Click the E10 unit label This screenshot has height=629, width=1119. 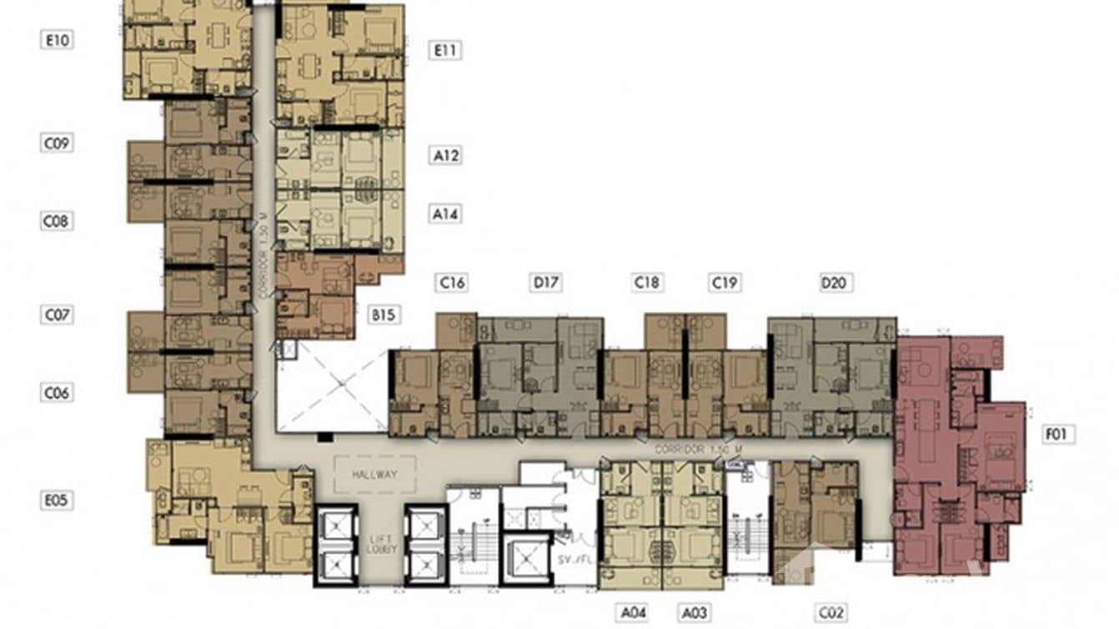point(56,39)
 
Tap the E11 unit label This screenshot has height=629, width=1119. point(445,50)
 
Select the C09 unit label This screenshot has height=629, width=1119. point(56,143)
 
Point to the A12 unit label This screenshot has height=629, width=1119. point(445,155)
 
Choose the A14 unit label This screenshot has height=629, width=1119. point(445,214)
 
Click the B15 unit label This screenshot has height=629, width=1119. point(384,314)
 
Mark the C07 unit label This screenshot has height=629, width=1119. point(56,314)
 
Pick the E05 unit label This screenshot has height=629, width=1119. point(56,501)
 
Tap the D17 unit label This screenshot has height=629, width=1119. point(545,283)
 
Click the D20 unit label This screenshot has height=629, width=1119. point(833,283)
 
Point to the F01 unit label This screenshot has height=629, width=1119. point(1059,434)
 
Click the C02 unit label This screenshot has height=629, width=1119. point(831,613)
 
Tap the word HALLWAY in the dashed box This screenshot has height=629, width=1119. point(374,475)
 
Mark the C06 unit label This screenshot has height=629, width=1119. point(56,392)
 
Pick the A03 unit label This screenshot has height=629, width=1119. point(694,613)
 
